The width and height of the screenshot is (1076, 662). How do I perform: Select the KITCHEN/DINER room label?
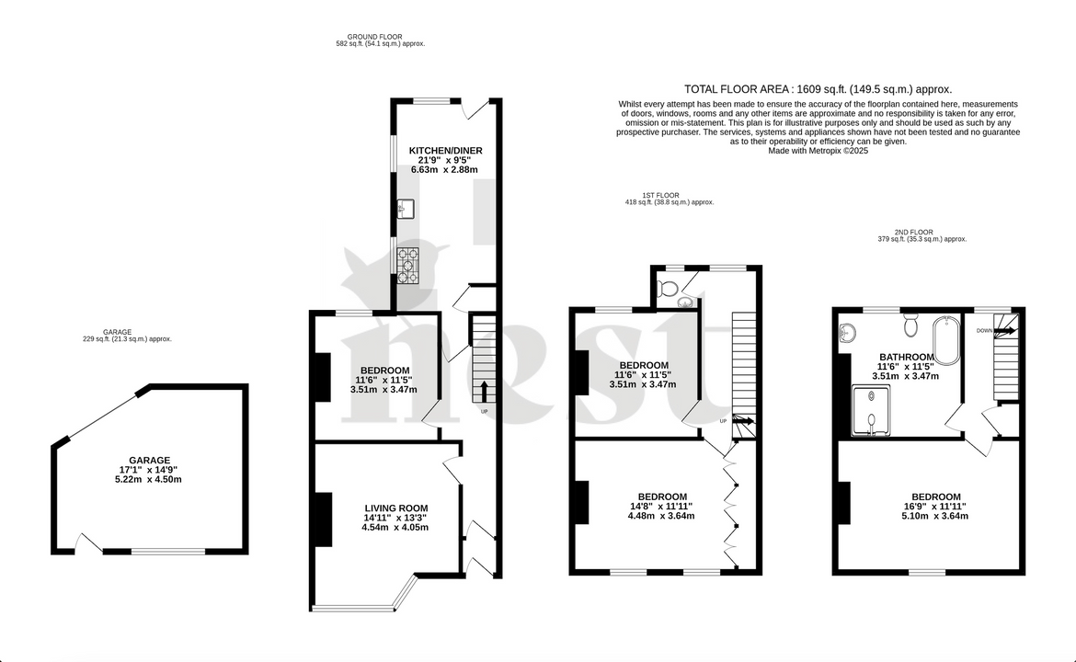click(x=445, y=151)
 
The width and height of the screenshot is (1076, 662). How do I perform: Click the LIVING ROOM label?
click(x=395, y=508)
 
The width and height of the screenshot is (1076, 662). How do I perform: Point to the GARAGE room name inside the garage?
click(x=149, y=461)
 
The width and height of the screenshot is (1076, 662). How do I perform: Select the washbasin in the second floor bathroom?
click(x=847, y=330)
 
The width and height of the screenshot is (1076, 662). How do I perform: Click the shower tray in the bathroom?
click(x=870, y=410)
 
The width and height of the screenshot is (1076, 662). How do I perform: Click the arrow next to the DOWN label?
click(x=1005, y=330)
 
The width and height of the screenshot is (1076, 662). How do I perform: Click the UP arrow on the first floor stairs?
click(x=744, y=421)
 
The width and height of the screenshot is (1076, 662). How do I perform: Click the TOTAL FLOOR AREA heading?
click(x=818, y=89)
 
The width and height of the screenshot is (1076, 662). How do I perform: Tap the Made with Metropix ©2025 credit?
click(x=818, y=151)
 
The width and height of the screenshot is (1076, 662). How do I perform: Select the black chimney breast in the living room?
click(x=323, y=519)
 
